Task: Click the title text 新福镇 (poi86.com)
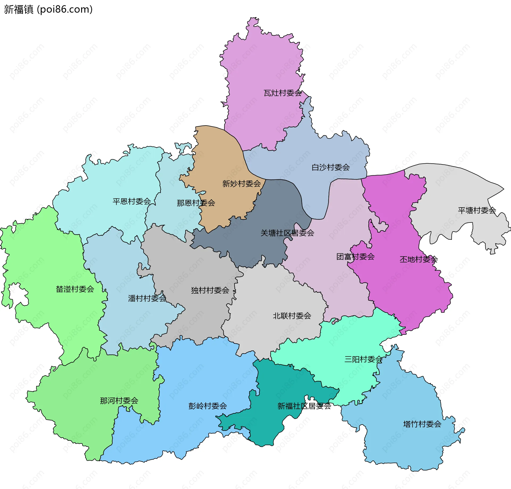point(48,9)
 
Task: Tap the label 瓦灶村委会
point(282,93)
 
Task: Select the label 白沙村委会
point(331,167)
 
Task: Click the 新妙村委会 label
point(241,184)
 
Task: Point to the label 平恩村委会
point(132,201)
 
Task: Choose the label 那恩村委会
point(196,203)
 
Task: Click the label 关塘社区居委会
point(287,233)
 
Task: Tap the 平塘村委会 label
point(477,211)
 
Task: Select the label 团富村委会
point(355,257)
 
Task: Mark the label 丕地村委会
point(419,259)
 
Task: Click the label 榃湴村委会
point(75,289)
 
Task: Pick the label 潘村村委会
point(147,298)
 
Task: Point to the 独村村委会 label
point(210,290)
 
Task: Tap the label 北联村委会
point(292,316)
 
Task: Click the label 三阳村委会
point(363,359)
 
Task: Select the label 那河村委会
point(119,401)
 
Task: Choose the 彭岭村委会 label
point(208,406)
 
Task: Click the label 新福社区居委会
point(304,406)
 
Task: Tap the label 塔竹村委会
point(422,424)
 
